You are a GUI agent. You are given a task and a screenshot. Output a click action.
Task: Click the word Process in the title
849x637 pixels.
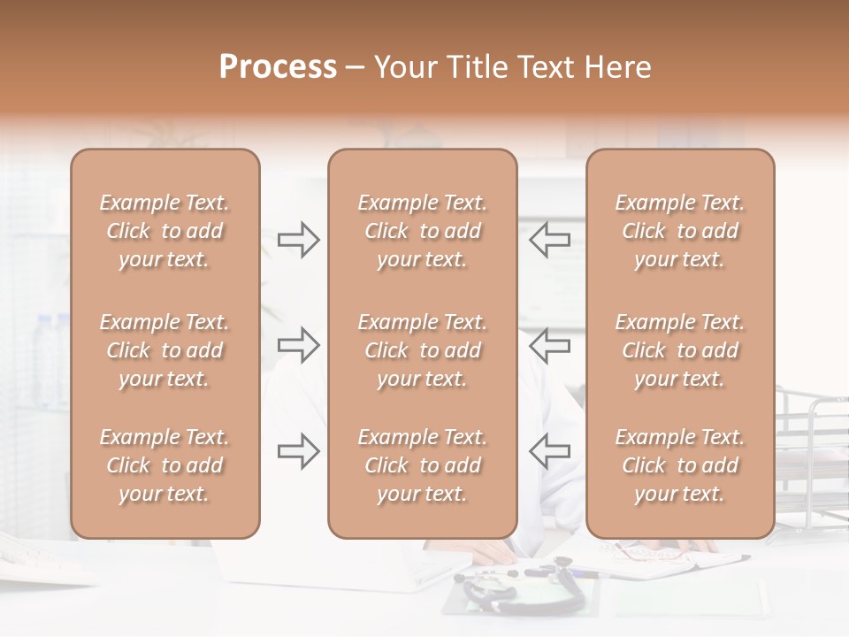pyautogui.click(x=278, y=67)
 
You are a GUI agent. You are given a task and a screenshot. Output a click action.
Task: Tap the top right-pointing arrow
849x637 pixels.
pyautogui.click(x=299, y=240)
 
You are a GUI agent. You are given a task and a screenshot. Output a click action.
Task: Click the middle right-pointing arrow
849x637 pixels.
pyautogui.click(x=299, y=345)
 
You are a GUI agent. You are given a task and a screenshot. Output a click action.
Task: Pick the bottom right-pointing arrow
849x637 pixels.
pyautogui.click(x=299, y=451)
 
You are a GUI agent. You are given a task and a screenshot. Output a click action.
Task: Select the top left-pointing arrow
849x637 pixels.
pyautogui.click(x=549, y=240)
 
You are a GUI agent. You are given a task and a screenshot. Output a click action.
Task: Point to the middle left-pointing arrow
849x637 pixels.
pyautogui.click(x=549, y=345)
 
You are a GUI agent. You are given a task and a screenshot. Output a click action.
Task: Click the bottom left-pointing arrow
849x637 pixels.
pyautogui.click(x=549, y=451)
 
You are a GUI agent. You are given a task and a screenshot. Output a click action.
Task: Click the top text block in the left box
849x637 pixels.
pyautogui.click(x=164, y=231)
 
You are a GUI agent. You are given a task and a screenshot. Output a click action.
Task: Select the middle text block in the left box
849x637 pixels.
pyautogui.click(x=164, y=350)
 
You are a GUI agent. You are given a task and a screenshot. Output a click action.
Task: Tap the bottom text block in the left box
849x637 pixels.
pyautogui.click(x=164, y=465)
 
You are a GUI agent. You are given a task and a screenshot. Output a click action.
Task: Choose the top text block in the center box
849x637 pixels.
pyautogui.click(x=422, y=231)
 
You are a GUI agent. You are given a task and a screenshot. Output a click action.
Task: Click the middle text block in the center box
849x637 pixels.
pyautogui.click(x=422, y=350)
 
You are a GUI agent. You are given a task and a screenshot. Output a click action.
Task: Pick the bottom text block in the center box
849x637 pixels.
pyautogui.click(x=422, y=465)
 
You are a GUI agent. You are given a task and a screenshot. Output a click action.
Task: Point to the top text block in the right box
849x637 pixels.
pyautogui.click(x=679, y=231)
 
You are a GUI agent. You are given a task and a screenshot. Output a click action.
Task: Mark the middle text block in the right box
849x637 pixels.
pyautogui.click(x=679, y=350)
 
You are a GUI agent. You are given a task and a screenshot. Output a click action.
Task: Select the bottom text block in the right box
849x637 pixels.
pyautogui.click(x=679, y=465)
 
